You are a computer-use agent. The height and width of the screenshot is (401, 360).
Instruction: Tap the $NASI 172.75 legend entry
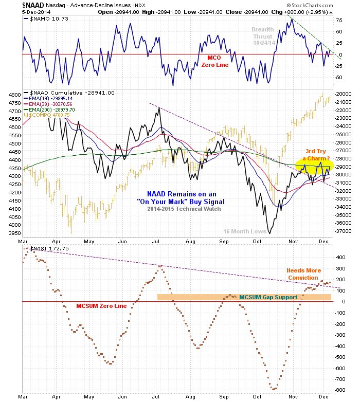pos(49,249)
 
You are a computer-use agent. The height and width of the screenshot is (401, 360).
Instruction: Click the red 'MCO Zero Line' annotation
pos(214,62)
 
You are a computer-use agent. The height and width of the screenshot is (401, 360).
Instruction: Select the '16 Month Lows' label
pos(245,232)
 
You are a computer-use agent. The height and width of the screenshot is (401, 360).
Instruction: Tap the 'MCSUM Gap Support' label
pos(268,297)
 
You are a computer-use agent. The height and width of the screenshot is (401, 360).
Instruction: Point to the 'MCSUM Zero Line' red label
pos(101,306)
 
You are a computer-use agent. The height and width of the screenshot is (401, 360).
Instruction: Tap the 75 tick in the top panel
pos(339,21)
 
